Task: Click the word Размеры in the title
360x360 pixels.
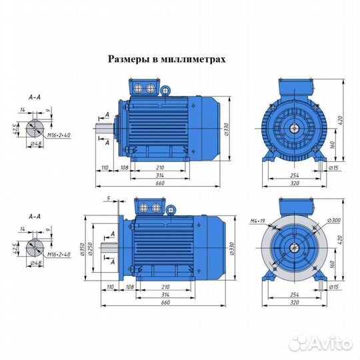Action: point(128,59)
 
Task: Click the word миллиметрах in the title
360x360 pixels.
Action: point(194,59)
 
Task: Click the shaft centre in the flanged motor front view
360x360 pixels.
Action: point(293,247)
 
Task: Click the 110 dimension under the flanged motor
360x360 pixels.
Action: point(104,288)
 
